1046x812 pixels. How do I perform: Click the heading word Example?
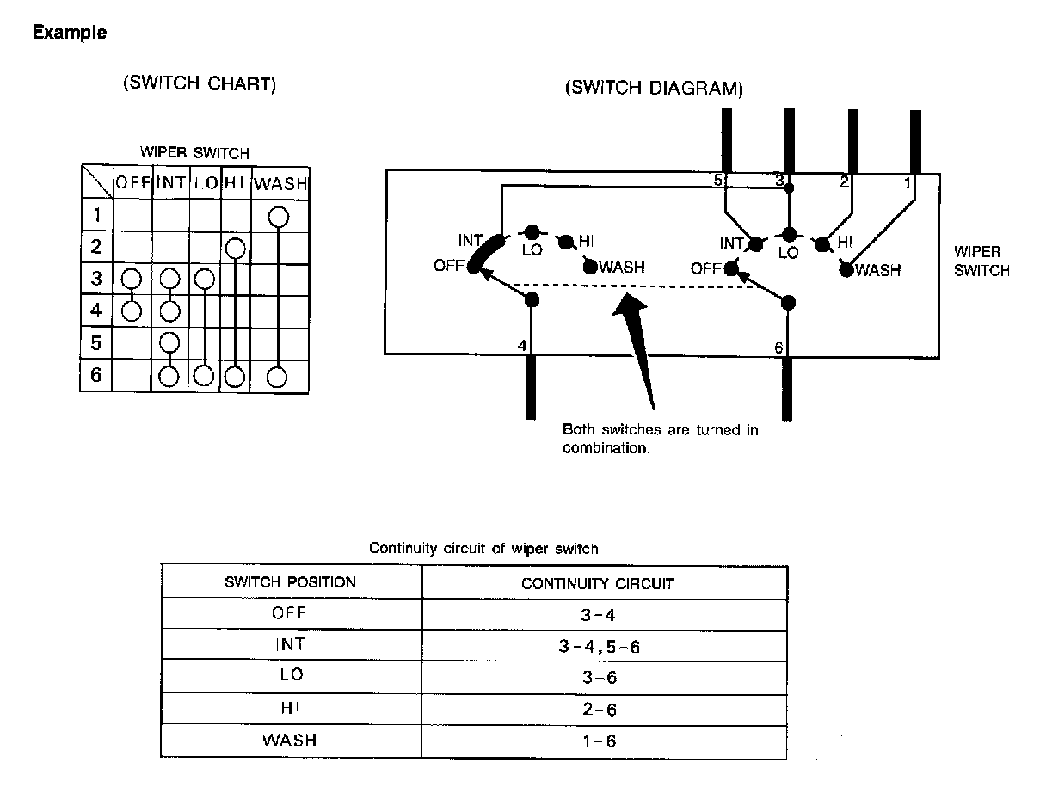coord(70,34)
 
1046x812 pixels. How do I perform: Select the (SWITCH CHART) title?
coord(200,83)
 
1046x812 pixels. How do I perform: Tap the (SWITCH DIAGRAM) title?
coord(654,89)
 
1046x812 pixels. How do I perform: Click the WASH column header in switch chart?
coord(280,183)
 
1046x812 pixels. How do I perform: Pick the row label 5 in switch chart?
coord(96,343)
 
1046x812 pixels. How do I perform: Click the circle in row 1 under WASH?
coord(277,216)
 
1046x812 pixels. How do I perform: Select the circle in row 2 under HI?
coord(236,249)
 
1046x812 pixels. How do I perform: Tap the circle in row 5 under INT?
coord(169,343)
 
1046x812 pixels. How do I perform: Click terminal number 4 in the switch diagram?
coord(521,346)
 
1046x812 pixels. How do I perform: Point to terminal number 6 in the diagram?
coord(778,347)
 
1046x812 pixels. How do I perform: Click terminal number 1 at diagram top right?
coord(907,182)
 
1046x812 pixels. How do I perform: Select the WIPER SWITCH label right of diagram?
coord(981,261)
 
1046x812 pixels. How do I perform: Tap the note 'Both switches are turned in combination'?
coord(660,438)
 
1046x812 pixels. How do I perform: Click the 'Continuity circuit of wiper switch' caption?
coord(483,548)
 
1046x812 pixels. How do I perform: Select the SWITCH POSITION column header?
coord(290,582)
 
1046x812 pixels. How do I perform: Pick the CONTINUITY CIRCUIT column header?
coord(597,583)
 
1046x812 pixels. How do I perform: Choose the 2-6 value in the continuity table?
coord(599,710)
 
